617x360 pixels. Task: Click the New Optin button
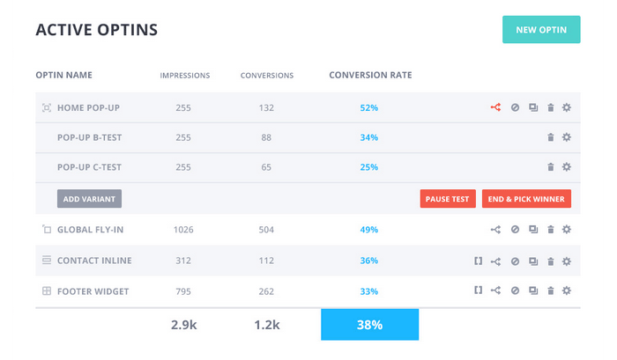click(x=541, y=30)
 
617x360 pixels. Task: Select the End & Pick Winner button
click(x=527, y=199)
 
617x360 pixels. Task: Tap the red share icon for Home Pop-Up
click(x=495, y=107)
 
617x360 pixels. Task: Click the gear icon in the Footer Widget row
click(x=567, y=290)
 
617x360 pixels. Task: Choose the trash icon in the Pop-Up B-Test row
click(x=551, y=137)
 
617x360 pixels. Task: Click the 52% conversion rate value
click(x=369, y=107)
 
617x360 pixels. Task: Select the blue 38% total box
click(x=369, y=325)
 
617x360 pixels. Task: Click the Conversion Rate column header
click(x=370, y=75)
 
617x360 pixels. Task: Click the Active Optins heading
click(x=97, y=30)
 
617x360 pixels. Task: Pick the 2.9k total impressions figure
click(x=183, y=325)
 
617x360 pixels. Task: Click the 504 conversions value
click(x=266, y=230)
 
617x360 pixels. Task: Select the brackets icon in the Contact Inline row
click(x=478, y=261)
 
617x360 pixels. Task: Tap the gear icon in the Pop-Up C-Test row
click(x=567, y=167)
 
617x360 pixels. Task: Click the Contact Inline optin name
click(x=95, y=261)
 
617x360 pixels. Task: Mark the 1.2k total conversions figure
click(x=266, y=325)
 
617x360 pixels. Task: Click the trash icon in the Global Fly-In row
click(x=551, y=230)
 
